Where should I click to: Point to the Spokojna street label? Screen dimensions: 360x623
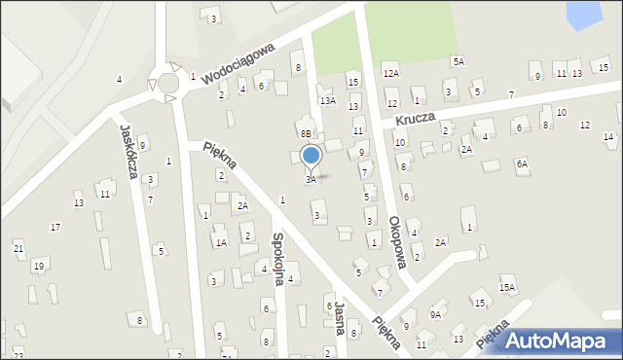277,258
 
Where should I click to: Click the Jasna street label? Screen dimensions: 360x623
340,315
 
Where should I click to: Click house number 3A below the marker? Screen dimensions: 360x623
311,180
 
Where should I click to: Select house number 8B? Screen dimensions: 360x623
306,133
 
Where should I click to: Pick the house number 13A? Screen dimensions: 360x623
328,100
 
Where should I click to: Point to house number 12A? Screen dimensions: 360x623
390,73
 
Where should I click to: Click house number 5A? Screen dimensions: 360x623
458,60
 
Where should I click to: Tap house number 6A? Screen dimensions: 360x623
522,163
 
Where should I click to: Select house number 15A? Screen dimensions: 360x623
507,287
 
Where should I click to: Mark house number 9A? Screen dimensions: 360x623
435,314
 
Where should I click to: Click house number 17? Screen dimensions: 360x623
55,227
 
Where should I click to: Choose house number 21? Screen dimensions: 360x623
18,249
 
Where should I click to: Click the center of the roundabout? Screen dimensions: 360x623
168,82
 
